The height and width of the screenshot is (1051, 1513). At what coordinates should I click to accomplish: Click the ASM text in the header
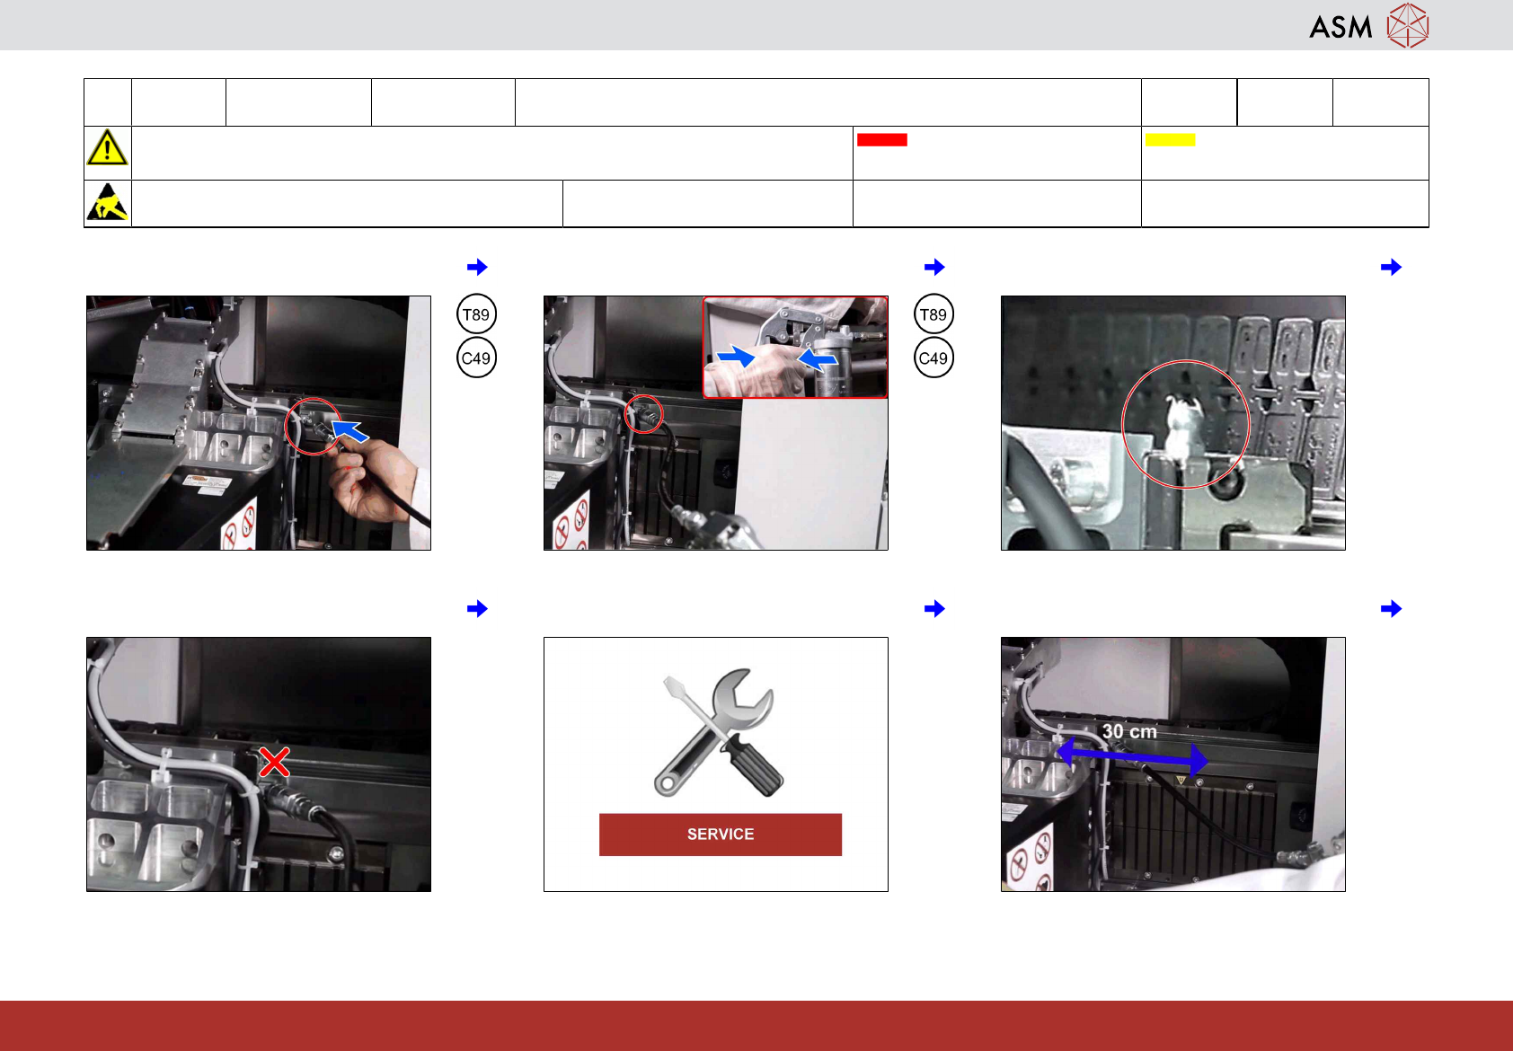pyautogui.click(x=1340, y=28)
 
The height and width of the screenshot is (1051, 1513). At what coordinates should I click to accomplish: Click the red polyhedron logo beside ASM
pyautogui.click(x=1408, y=26)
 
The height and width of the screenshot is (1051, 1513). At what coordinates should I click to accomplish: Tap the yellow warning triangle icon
pyautogui.click(x=107, y=147)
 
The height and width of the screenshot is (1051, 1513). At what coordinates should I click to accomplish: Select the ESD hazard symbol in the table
pyautogui.click(x=107, y=202)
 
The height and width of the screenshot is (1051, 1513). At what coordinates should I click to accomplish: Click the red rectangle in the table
pyautogui.click(x=881, y=140)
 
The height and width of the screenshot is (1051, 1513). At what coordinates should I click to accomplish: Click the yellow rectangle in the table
pyautogui.click(x=1170, y=140)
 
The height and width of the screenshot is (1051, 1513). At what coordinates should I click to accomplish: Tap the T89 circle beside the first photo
pyautogui.click(x=476, y=314)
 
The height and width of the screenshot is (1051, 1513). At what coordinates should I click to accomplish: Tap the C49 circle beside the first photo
pyautogui.click(x=476, y=358)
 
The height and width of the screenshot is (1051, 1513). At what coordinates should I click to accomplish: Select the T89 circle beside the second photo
pyautogui.click(x=933, y=314)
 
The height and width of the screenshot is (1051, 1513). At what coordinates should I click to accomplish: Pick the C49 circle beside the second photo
pyautogui.click(x=933, y=358)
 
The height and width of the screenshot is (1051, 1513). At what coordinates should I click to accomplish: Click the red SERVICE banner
pyautogui.click(x=720, y=835)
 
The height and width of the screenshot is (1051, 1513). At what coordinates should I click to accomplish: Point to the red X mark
pyautogui.click(x=274, y=762)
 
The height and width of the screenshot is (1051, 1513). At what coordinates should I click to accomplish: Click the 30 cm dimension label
pyautogui.click(x=1129, y=731)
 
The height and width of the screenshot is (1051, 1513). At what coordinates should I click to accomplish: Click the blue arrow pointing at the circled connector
pyautogui.click(x=349, y=430)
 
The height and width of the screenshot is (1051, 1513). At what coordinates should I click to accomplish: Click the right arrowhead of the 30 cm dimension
pyautogui.click(x=1199, y=760)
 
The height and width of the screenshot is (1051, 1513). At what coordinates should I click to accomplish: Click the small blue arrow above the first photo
pyautogui.click(x=477, y=267)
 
